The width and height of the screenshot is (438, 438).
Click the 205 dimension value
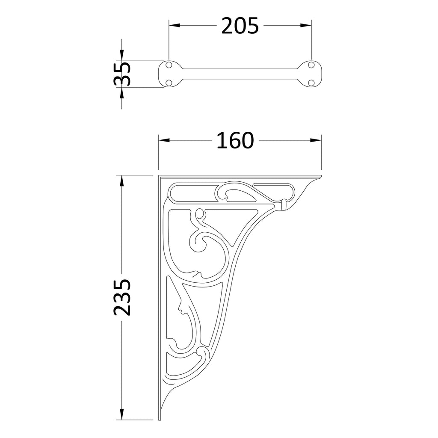coord(240,26)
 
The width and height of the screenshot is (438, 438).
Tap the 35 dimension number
coord(122,74)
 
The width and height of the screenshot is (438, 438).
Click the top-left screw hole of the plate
coord(169,65)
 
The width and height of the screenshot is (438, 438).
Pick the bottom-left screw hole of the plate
coord(169,83)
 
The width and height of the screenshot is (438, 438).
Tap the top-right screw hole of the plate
coord(311,65)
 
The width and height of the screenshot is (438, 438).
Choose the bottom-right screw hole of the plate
coord(311,83)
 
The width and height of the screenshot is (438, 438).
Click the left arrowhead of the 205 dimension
coord(174,25)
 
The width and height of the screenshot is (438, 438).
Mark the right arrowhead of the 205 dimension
coord(306,25)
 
